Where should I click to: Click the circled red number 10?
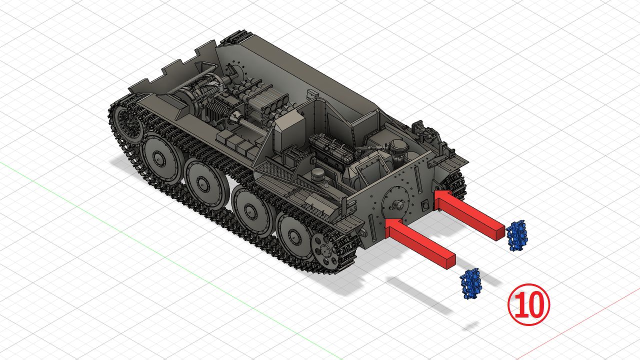coord(528,304)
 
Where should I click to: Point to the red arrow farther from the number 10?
coord(468,214)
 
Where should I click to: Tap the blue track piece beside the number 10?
coord(470,283)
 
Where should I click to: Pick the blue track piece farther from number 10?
coord(517,235)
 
